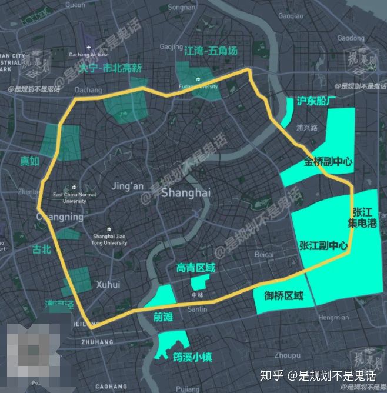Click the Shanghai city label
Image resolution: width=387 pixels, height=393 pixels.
coord(185,193)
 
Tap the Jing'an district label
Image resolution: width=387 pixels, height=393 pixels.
coord(127,186)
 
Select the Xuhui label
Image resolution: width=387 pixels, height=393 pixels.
coord(108,284)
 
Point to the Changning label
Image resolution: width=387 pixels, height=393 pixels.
coord(60,217)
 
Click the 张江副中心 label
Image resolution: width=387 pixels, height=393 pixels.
coord(323,245)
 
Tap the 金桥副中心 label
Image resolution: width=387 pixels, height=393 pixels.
coord(328,162)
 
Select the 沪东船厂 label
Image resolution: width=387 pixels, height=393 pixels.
coord(317,100)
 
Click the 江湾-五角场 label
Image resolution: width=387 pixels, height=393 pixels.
coord(211,51)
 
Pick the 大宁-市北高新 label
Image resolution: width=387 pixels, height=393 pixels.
coord(111,68)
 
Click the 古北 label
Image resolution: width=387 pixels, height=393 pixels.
coord(43,249)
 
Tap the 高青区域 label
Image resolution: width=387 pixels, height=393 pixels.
coord(196,268)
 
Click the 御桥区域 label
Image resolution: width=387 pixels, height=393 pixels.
coord(283,295)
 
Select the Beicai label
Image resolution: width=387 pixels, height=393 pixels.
coord(264,254)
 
